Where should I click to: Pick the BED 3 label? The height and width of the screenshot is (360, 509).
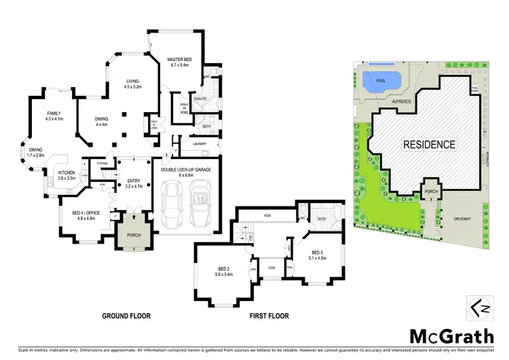click(x=318, y=255)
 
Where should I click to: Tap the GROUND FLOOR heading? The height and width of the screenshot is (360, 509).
click(x=126, y=316)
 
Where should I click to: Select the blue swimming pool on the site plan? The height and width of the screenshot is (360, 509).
click(x=382, y=84)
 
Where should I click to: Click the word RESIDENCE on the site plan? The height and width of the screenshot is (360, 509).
click(x=430, y=145)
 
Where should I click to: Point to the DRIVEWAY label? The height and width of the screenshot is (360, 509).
click(x=467, y=219)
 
